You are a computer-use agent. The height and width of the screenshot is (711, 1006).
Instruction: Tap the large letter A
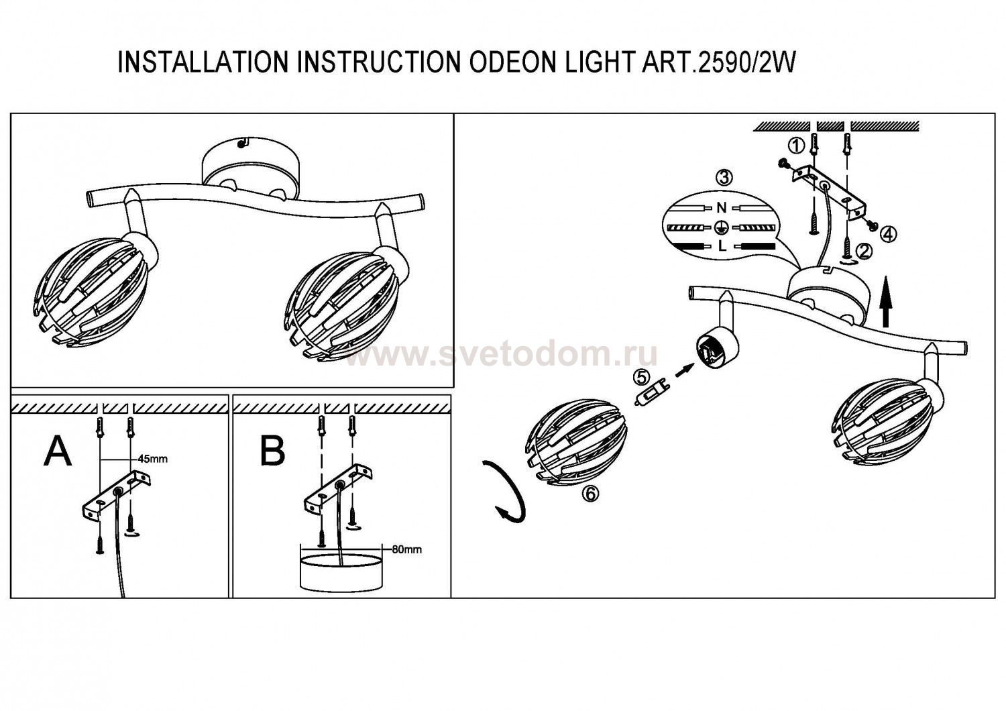click(x=58, y=451)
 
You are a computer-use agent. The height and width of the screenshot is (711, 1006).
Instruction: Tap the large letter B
click(x=272, y=451)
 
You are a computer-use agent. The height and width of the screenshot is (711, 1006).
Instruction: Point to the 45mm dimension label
click(x=152, y=459)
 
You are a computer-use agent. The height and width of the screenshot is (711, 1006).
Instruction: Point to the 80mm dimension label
click(x=406, y=549)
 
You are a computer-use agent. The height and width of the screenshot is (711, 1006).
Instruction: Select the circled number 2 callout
click(x=864, y=251)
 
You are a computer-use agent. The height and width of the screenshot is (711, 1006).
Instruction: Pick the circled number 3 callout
click(x=723, y=178)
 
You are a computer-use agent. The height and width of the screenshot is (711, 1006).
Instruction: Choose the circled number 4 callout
click(x=889, y=233)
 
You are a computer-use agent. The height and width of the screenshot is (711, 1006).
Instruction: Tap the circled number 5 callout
click(x=642, y=376)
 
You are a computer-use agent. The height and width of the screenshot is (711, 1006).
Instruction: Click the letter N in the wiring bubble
click(x=721, y=208)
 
